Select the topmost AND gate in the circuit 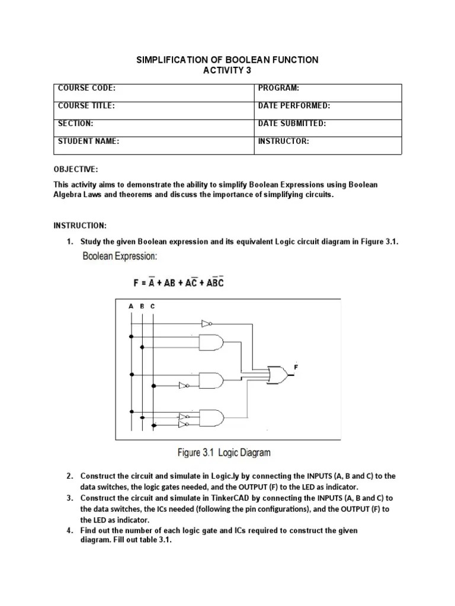tap(212, 342)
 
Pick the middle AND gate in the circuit tap(212, 380)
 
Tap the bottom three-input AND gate tap(212, 418)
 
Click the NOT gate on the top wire tap(206, 324)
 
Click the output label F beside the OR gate tap(296, 368)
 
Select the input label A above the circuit tap(131, 307)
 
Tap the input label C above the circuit tap(152, 307)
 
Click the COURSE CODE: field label tap(86, 89)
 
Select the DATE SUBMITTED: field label tap(292, 124)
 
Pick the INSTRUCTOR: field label tap(284, 141)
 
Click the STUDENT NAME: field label tap(89, 141)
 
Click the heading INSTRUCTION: tap(81, 226)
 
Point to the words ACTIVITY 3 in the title tap(228, 70)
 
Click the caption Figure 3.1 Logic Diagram tap(225, 453)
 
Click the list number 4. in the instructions tap(70, 531)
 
